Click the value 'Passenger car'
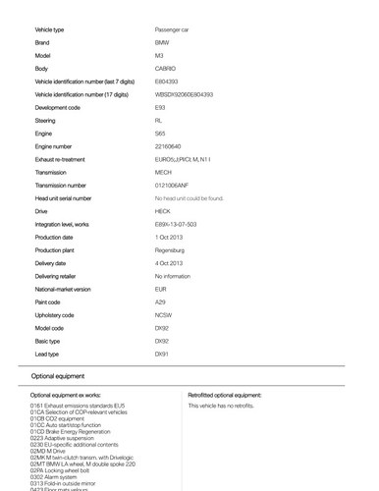coord(172,30)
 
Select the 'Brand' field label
coord(42,43)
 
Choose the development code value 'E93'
coord(161,107)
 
